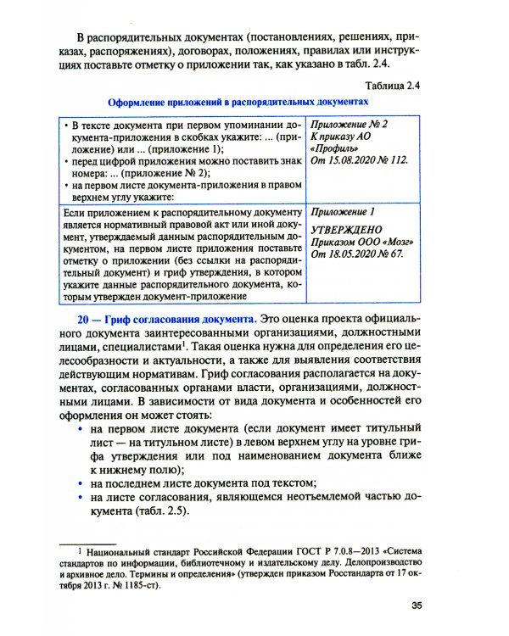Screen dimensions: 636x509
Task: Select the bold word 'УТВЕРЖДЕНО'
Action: pos(346,229)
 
